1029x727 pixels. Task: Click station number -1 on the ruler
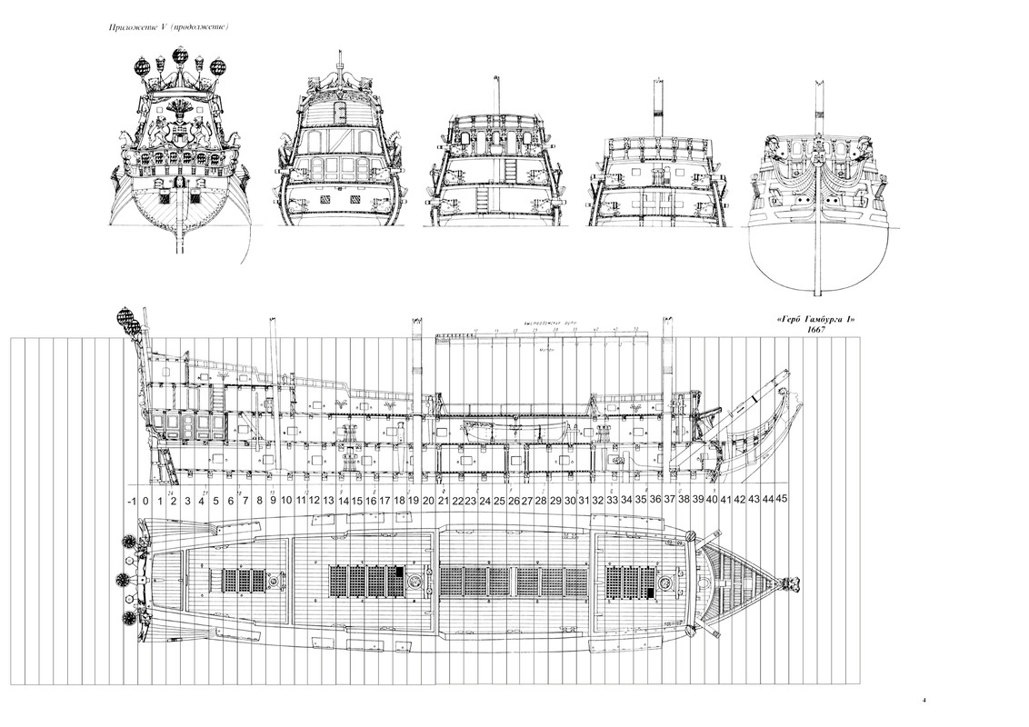click(x=132, y=500)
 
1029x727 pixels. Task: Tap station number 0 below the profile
click(x=145, y=500)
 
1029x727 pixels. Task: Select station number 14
click(x=342, y=500)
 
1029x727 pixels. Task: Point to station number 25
click(x=499, y=500)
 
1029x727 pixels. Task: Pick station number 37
click(x=670, y=500)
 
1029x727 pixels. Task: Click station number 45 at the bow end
click(x=783, y=500)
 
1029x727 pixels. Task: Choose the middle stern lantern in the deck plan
click(x=122, y=579)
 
